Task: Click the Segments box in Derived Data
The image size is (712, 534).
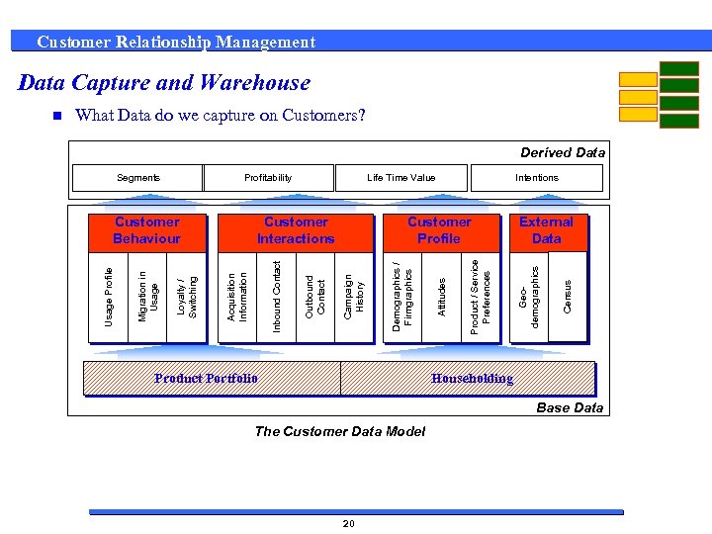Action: [x=138, y=178]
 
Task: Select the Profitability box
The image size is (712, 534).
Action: [x=268, y=178]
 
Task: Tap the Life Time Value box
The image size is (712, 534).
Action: [x=400, y=178]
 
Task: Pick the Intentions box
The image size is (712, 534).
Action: [x=536, y=178]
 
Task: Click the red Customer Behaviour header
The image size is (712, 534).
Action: [x=147, y=230]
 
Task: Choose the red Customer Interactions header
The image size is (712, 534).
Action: [x=296, y=230]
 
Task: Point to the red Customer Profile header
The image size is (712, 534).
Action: [x=439, y=230]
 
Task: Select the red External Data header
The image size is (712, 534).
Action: [x=546, y=230]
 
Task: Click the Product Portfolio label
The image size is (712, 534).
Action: [x=207, y=378]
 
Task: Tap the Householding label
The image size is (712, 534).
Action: [x=472, y=378]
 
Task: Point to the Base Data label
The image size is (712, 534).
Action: [x=570, y=407]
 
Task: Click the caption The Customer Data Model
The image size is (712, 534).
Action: [x=340, y=431]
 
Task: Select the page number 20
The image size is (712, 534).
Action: [x=348, y=523]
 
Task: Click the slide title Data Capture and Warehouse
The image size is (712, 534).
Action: [x=164, y=83]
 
